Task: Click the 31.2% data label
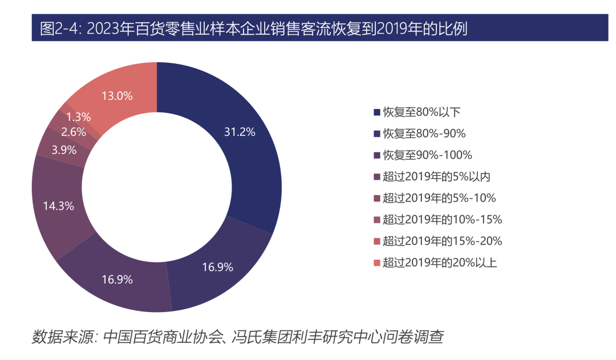click(x=240, y=132)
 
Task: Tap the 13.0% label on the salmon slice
click(x=117, y=96)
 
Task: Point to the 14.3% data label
click(x=59, y=206)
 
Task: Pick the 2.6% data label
click(x=73, y=132)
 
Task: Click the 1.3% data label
click(x=78, y=117)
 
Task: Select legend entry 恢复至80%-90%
click(x=424, y=134)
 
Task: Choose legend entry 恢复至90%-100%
click(x=427, y=155)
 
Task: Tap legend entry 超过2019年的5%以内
click(x=436, y=177)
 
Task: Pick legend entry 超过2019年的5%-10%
click(x=439, y=198)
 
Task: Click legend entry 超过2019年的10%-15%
click(x=442, y=220)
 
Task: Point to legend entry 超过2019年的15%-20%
click(x=442, y=241)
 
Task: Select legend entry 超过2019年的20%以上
click(x=439, y=263)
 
